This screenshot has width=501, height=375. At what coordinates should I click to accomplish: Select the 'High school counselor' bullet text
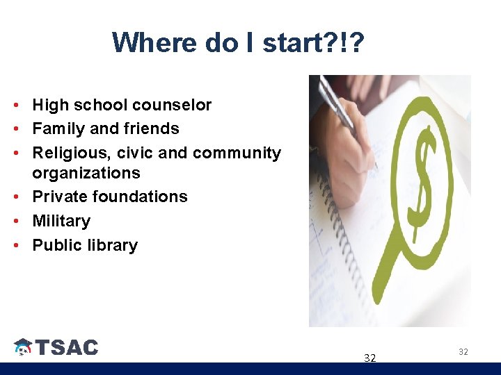click(122, 105)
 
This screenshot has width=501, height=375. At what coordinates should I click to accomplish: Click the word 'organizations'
click(86, 172)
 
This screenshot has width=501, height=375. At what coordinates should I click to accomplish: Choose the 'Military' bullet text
click(61, 221)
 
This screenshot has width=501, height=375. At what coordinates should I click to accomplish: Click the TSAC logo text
click(67, 347)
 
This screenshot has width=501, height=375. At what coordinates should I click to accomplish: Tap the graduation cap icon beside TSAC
click(23, 347)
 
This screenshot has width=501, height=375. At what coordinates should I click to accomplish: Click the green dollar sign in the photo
click(420, 176)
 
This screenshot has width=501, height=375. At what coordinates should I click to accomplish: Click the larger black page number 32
click(370, 358)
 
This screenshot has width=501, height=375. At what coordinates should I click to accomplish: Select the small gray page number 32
click(463, 352)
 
